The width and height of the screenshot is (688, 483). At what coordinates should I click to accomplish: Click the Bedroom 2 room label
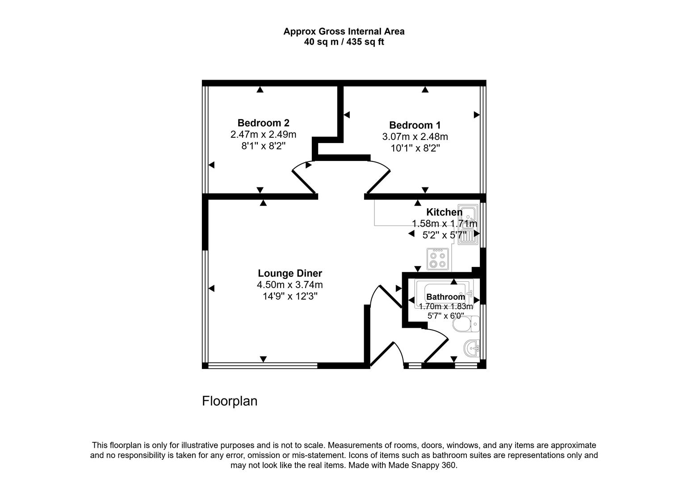(263, 123)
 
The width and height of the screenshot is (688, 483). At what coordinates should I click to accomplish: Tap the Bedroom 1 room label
(415, 125)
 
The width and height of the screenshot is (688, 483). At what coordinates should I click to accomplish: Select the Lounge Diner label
(289, 273)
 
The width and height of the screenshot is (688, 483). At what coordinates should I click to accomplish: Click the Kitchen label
(444, 212)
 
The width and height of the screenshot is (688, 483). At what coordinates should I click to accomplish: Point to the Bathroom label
(445, 297)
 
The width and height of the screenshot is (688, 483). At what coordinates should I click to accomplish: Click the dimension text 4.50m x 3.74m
(289, 285)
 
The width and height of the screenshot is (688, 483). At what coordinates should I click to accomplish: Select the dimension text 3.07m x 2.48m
(415, 137)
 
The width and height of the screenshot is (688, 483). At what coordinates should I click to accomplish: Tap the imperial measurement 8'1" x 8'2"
(263, 146)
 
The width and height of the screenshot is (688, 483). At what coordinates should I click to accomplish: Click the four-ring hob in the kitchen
(437, 260)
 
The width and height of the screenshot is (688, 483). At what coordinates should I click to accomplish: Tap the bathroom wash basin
(472, 347)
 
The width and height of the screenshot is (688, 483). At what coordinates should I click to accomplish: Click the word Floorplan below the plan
(230, 401)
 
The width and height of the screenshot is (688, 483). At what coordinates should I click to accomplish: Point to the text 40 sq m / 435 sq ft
(344, 42)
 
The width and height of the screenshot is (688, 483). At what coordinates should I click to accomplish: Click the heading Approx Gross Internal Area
(344, 31)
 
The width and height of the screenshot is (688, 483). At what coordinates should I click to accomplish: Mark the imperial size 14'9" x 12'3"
(289, 297)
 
